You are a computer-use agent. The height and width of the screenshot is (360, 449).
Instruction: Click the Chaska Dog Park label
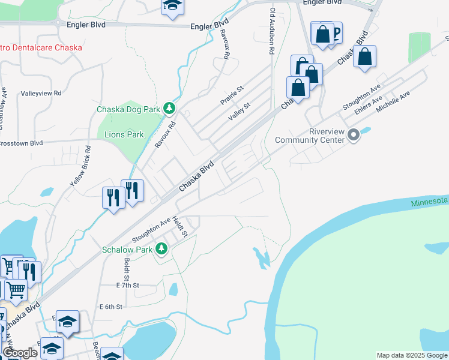pos(128,109)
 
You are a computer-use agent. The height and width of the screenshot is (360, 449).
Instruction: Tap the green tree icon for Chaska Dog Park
pos(170,108)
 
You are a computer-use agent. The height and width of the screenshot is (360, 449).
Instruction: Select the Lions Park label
pos(124,134)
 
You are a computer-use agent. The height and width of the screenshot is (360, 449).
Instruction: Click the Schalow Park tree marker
pos(161,249)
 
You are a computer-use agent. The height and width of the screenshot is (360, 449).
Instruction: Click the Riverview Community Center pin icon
pos(354,135)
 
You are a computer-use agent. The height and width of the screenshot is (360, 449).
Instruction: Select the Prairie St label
pos(231,95)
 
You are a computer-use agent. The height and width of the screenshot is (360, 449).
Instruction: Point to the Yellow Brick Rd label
pos(80,164)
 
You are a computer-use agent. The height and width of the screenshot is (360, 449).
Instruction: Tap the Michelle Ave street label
pos(393,102)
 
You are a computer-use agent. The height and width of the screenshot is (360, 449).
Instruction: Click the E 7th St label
pos(127,286)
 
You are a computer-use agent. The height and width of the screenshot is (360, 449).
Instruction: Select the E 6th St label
pos(110,307)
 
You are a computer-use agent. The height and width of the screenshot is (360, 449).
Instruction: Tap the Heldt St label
pos(180,227)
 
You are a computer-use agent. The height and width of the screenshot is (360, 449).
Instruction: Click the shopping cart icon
pos(16,290)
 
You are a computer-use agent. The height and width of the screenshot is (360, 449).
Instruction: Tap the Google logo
pos(20,353)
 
